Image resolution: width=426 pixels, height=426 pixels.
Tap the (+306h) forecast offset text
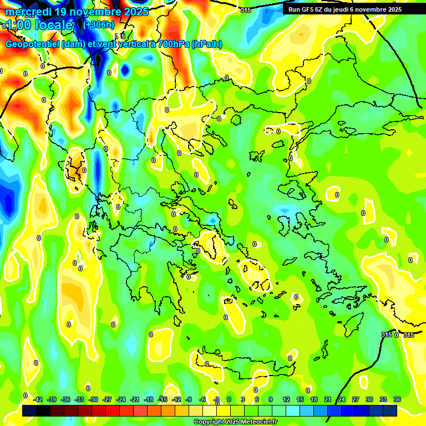point(99,24)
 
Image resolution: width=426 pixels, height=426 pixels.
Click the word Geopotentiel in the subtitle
point(32,44)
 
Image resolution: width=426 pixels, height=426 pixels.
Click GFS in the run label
point(308,9)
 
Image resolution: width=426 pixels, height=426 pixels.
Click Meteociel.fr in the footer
point(259,422)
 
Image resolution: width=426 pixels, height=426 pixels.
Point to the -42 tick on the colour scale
point(38,399)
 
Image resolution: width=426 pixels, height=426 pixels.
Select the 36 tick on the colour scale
point(397,399)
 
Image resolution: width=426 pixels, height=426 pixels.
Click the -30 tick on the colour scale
point(93,399)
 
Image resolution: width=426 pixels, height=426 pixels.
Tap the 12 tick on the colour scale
point(286,399)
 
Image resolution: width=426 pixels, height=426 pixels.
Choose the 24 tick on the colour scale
point(342,399)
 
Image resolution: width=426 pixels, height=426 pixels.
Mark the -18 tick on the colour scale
point(149,399)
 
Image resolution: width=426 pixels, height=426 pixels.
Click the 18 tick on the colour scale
point(314,399)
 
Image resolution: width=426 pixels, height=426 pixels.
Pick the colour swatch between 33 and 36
point(390,410)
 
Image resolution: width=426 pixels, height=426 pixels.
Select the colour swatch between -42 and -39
point(44,410)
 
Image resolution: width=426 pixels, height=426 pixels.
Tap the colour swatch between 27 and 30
point(362,410)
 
